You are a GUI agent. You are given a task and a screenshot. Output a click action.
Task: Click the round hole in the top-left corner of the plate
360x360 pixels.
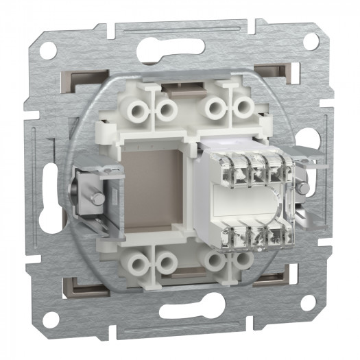click(48, 49)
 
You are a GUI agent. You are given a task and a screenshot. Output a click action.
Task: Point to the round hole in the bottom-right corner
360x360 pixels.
click(309, 302)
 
